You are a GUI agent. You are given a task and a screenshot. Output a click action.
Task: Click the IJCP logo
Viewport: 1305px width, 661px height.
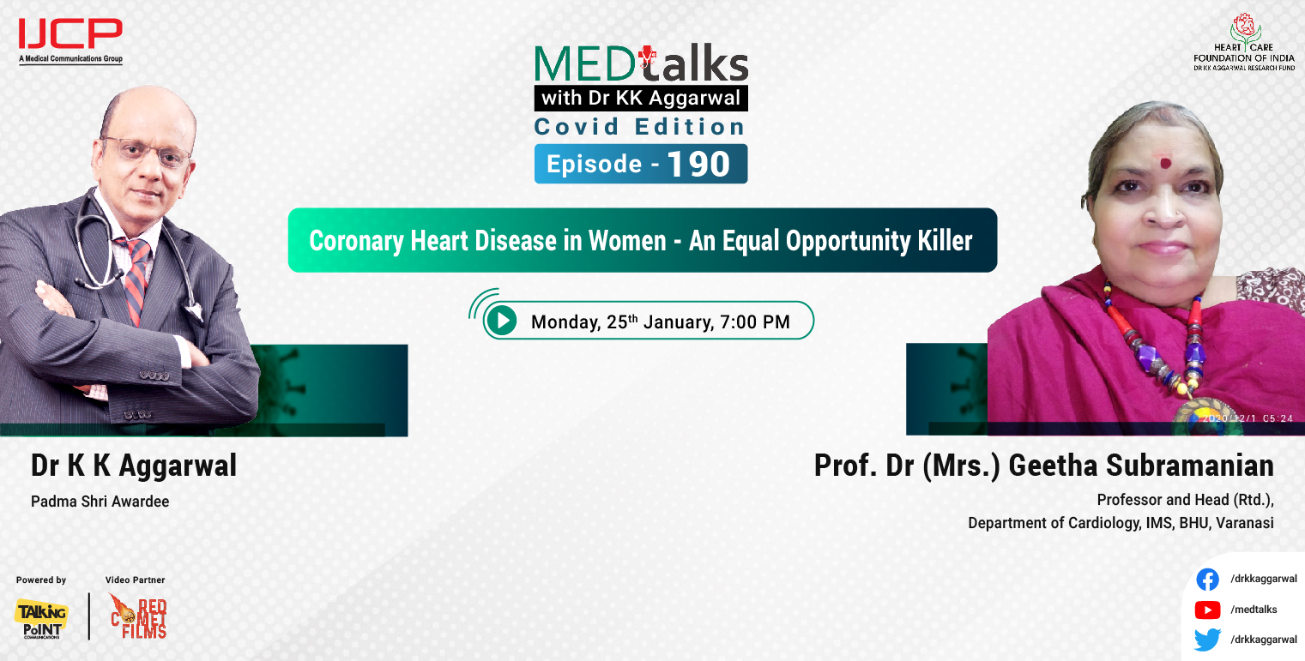[70, 39]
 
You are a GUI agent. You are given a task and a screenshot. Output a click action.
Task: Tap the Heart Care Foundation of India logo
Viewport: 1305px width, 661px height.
[1243, 42]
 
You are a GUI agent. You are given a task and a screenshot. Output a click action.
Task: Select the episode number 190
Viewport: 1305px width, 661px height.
[699, 164]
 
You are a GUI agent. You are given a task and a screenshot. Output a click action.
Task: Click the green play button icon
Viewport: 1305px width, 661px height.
[501, 321]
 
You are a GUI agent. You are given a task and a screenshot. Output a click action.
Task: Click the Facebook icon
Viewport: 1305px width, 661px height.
[1207, 580]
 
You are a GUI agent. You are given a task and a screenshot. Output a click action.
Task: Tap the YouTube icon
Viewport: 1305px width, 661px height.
[1207, 610]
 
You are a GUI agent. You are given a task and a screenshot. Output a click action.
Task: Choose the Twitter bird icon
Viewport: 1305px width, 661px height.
[1207, 640]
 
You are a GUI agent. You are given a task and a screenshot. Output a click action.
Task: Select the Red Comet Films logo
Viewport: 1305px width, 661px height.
[138, 616]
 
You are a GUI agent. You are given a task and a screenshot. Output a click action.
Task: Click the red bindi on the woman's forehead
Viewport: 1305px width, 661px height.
[1165, 162]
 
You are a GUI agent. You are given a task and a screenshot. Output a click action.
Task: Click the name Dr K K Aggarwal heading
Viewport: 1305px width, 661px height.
[134, 466]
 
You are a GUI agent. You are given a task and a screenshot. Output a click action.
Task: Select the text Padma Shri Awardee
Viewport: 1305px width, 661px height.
[100, 502]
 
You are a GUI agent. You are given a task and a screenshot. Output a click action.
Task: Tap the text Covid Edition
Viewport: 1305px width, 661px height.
[639, 127]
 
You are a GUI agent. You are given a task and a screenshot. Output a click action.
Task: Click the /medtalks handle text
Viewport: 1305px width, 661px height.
[1254, 610]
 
